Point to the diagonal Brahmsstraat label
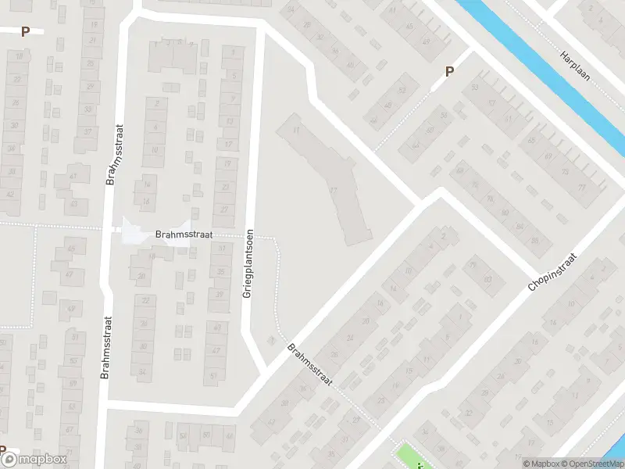[309, 367]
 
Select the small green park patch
[412, 456]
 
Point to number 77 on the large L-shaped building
[334, 191]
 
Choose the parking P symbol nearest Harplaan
[449, 71]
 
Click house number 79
[471, 265]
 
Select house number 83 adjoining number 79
[487, 280]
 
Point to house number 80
[505, 212]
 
